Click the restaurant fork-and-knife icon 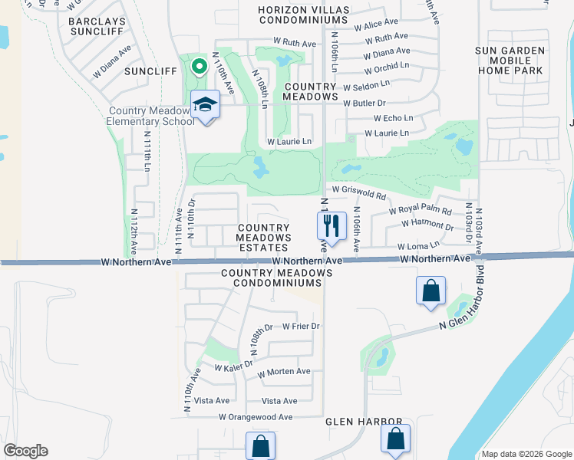(332, 225)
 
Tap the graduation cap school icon (205, 104)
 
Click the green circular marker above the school (199, 67)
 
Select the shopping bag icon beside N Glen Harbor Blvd (430, 291)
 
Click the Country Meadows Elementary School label (150, 117)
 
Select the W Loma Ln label (418, 246)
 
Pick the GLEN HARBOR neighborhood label (364, 422)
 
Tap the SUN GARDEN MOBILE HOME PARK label (510, 61)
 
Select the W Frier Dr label (301, 326)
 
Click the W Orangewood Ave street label (256, 417)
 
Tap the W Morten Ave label (284, 372)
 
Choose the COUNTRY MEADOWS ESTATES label (264, 233)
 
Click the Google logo (25, 451)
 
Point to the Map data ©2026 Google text (526, 454)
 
